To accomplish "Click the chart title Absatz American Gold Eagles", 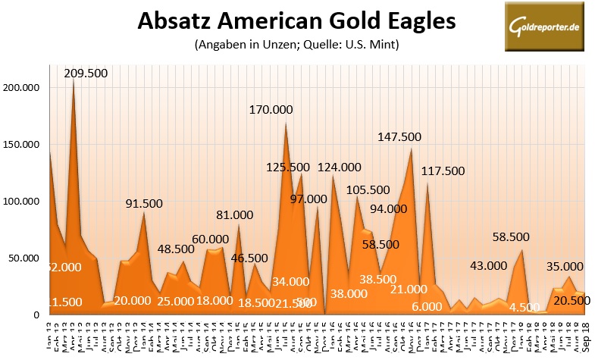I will pyautogui.click(x=296, y=21).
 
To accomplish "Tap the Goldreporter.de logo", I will pyautogui.click(x=539, y=26).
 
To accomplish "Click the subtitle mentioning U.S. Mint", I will pyautogui.click(x=296, y=45).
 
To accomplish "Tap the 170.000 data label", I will pyautogui.click(x=282, y=110).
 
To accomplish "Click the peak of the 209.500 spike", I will pyautogui.click(x=74, y=80).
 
